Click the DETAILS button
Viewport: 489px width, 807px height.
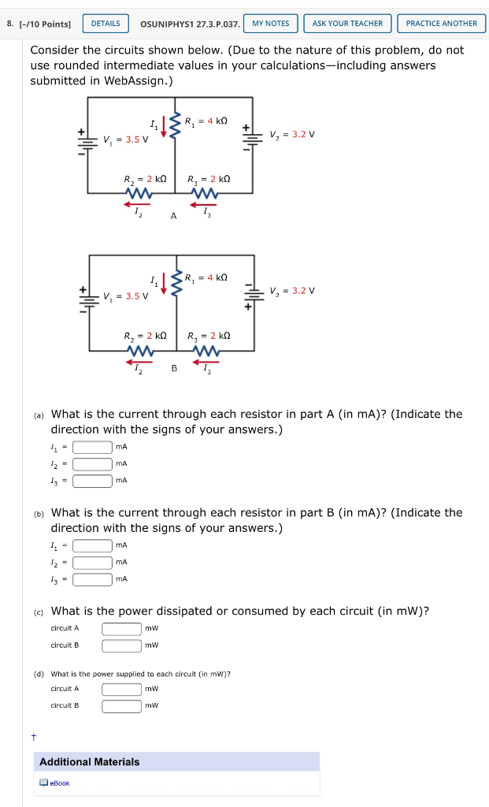tap(106, 24)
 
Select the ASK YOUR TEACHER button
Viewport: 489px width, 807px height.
tap(347, 24)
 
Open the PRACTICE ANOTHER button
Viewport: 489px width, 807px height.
tap(441, 24)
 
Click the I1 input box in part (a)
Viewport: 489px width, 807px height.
tap(92, 447)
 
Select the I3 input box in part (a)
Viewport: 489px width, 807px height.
tap(92, 480)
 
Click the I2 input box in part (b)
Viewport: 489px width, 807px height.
tap(92, 563)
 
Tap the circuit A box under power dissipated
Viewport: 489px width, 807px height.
tap(121, 629)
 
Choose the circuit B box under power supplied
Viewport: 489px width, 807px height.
tap(121, 705)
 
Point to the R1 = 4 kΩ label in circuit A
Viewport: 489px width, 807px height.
tap(206, 121)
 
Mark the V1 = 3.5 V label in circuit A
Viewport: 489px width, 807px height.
tap(125, 140)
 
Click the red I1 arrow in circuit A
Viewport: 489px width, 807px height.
tap(163, 128)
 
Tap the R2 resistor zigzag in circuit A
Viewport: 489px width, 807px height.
tap(139, 192)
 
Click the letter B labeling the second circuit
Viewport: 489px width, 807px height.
tap(174, 369)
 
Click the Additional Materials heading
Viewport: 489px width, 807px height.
tap(90, 762)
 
